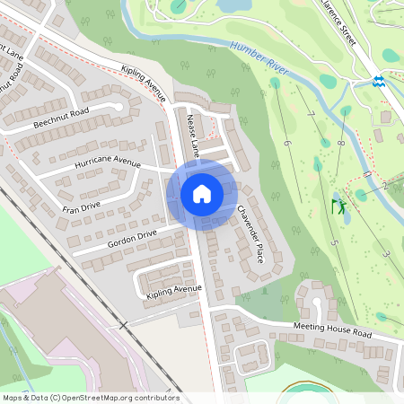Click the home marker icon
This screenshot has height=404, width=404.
[x=201, y=194]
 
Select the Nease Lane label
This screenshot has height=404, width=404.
[x=192, y=131]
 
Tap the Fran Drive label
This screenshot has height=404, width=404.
[x=81, y=207]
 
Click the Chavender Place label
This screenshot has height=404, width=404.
[x=250, y=233]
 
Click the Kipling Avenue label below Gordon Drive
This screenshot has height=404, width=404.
[x=173, y=291]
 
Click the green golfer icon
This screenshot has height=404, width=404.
[x=340, y=207]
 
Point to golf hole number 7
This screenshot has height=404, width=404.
[x=312, y=115]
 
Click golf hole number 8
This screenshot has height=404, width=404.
[x=342, y=143]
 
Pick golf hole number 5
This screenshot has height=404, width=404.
[x=333, y=242]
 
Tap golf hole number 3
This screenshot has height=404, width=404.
[x=386, y=254]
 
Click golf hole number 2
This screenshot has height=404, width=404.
[x=383, y=186]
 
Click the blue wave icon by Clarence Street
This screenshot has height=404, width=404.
[x=379, y=82]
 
